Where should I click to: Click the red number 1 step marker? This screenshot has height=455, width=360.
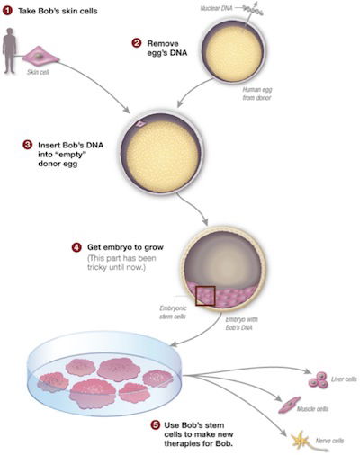tap(7, 11)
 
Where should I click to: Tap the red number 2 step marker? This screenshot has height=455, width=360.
tap(137, 43)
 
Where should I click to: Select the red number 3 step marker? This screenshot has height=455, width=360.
tap(27, 145)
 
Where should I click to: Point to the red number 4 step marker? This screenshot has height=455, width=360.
tap(76, 247)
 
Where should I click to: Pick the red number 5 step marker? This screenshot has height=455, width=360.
tap(155, 425)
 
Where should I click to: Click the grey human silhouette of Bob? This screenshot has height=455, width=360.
tap(10, 50)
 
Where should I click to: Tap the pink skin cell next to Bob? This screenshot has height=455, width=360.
tap(40, 56)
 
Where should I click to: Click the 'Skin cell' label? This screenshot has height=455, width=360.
tap(38, 72)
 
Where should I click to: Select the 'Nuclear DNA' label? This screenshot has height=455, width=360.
tap(216, 8)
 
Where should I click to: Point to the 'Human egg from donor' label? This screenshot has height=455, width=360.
tap(257, 94)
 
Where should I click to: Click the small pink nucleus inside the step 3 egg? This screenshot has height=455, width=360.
tap(140, 123)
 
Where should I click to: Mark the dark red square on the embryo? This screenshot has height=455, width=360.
tap(205, 296)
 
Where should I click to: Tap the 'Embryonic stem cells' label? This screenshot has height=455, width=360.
tap(173, 312)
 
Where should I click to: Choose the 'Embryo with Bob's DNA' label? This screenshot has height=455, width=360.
tap(241, 324)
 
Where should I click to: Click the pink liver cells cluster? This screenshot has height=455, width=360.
tap(319, 379)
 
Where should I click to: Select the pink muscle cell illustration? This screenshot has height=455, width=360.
tap(289, 405)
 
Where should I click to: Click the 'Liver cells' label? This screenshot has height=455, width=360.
tap(344, 379)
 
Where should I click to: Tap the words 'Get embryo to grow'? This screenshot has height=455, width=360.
tap(125, 247)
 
